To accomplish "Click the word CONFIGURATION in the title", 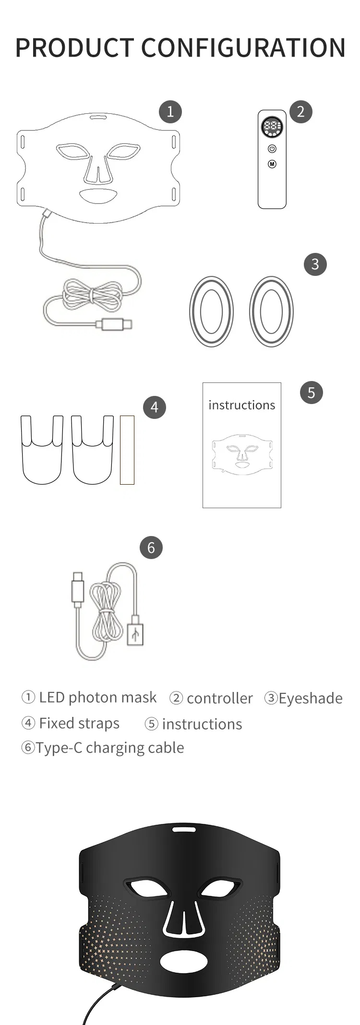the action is coord(243,47).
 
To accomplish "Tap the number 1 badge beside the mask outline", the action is coord(170,112).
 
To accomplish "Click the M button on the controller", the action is coord(272,164).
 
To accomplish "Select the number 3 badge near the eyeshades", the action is coord(315,264).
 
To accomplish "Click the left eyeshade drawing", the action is coord(211,311).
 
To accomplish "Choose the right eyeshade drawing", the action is coord(271,311).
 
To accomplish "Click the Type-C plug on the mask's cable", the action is coord(114,325).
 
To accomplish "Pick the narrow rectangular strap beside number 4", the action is coord(127,450).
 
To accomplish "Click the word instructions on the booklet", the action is coord(242,405).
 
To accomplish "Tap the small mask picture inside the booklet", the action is coord(242,454).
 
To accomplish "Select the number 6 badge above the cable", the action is coord(151,548).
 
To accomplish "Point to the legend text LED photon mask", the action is coord(98,697).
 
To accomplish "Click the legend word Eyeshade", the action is coord(311,698).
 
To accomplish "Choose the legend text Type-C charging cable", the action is coord(109,748).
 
